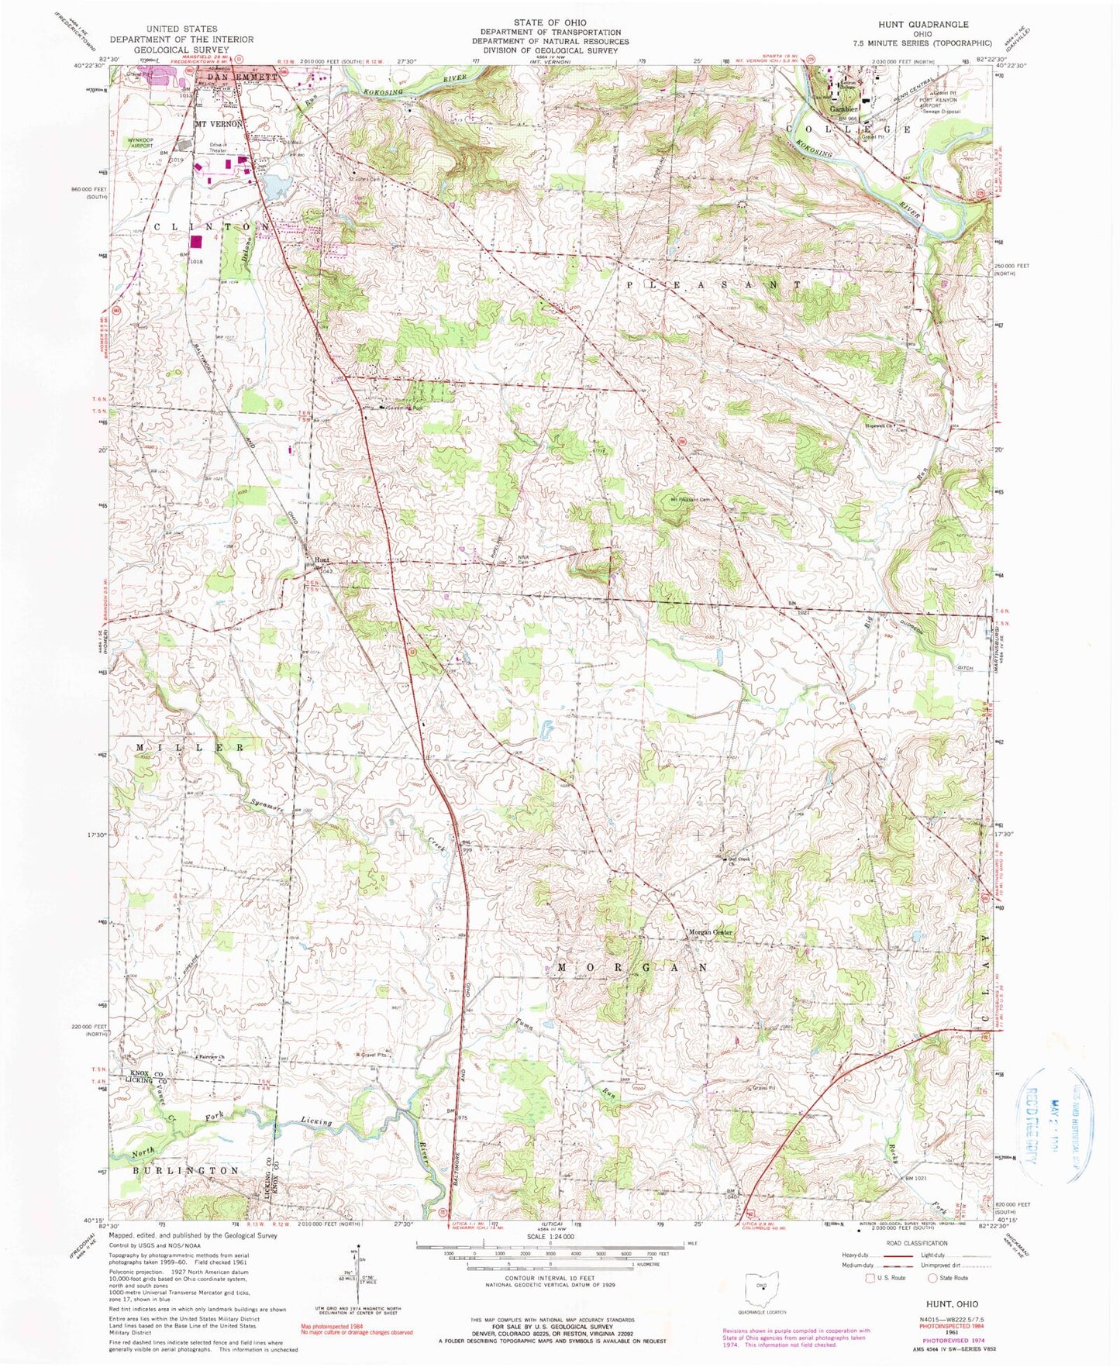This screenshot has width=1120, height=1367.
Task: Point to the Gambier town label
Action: (843, 110)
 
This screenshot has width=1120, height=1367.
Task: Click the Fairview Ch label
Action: (212, 1057)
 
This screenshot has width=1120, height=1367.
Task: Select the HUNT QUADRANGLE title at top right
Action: (922, 25)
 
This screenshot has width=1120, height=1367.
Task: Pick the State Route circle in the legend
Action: (932, 1278)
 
